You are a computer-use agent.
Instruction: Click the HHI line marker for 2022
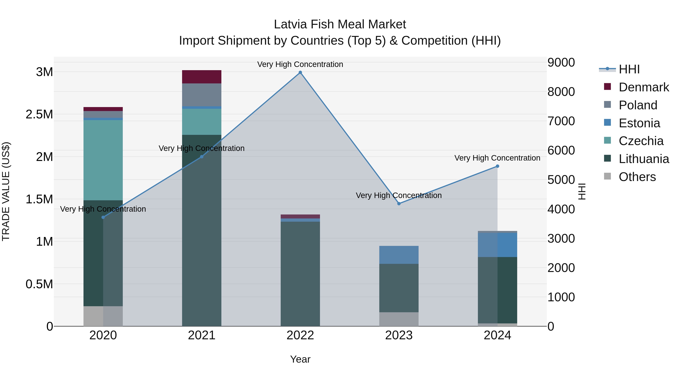click(x=300, y=72)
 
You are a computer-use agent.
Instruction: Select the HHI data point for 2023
click(x=399, y=204)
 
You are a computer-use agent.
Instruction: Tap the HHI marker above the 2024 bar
click(x=497, y=166)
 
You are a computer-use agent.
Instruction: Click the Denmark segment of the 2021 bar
click(x=202, y=77)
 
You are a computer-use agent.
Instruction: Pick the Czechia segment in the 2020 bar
click(x=103, y=160)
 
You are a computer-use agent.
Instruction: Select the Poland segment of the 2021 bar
click(x=202, y=95)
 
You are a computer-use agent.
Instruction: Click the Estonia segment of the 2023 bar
click(x=399, y=255)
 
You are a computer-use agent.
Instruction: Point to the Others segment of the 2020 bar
click(x=103, y=316)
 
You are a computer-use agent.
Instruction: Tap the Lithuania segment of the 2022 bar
click(x=300, y=273)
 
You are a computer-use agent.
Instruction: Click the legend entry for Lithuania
click(x=643, y=159)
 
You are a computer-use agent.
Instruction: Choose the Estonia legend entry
click(x=639, y=123)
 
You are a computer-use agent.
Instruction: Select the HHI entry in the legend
click(x=629, y=69)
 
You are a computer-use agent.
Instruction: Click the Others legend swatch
click(x=607, y=176)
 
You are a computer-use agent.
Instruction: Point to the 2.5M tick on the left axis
click(x=39, y=114)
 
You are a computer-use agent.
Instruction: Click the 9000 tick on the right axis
click(x=561, y=63)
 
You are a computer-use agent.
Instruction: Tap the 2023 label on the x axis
click(x=399, y=335)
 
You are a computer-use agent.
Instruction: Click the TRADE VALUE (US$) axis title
click(x=6, y=191)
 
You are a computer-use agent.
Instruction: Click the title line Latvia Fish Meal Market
click(x=340, y=24)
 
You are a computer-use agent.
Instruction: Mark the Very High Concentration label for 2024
click(x=497, y=158)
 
